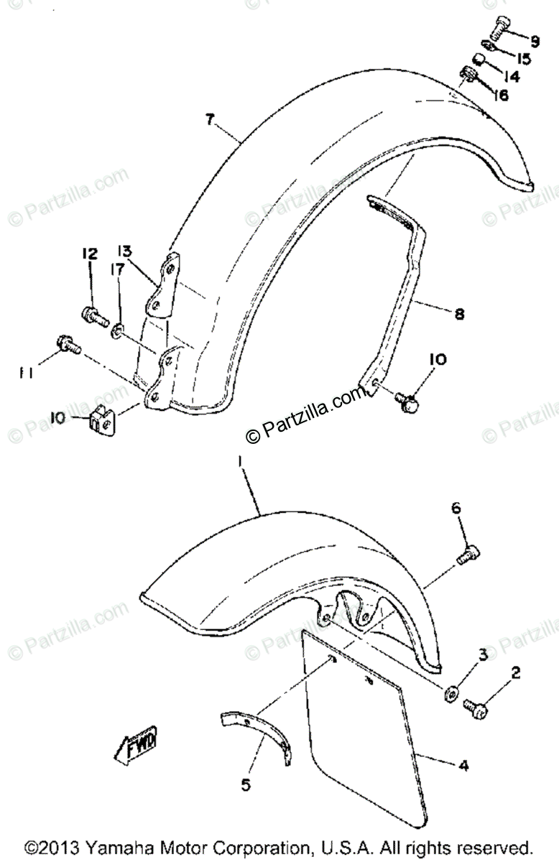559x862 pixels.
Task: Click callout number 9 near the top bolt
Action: [x=535, y=40]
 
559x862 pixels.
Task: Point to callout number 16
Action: [x=500, y=94]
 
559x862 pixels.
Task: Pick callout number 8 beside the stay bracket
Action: [x=459, y=313]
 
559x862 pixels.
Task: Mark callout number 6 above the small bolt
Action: [x=455, y=509]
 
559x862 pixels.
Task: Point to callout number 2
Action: [x=516, y=673]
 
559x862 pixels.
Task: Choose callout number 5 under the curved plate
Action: [x=246, y=786]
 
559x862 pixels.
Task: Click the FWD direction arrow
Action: [x=137, y=744]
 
